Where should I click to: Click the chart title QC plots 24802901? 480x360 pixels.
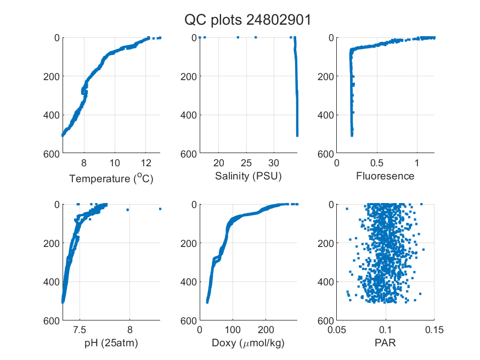coord(247,20)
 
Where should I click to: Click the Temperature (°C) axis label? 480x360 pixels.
coord(111,178)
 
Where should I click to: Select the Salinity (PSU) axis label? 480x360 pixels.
coord(249,176)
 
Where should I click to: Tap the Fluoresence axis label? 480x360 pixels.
coord(385,176)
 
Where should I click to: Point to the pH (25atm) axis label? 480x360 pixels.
coord(111,343)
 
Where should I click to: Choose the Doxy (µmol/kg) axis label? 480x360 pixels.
coord(249,343)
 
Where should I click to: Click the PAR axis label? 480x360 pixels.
coord(385,342)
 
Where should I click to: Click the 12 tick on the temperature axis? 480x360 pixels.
coord(146,163)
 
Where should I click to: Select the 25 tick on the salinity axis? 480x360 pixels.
coord(246,163)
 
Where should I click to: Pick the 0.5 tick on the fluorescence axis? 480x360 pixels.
coord(376,163)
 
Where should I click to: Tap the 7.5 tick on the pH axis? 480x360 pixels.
coord(80,330)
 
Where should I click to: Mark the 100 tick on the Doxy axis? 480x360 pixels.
coord(233,330)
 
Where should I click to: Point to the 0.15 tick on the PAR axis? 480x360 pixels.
coord(434,330)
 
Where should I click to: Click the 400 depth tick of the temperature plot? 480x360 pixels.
coord(52,115)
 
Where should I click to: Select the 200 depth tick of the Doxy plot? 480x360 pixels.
coord(189,243)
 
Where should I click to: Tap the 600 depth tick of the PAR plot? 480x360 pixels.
coord(326,321)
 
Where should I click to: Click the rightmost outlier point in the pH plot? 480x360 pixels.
coord(160,209)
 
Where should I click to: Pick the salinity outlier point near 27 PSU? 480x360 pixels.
coord(256,37)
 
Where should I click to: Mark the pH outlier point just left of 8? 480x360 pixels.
coord(128,210)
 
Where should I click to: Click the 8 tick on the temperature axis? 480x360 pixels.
coord(84,163)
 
